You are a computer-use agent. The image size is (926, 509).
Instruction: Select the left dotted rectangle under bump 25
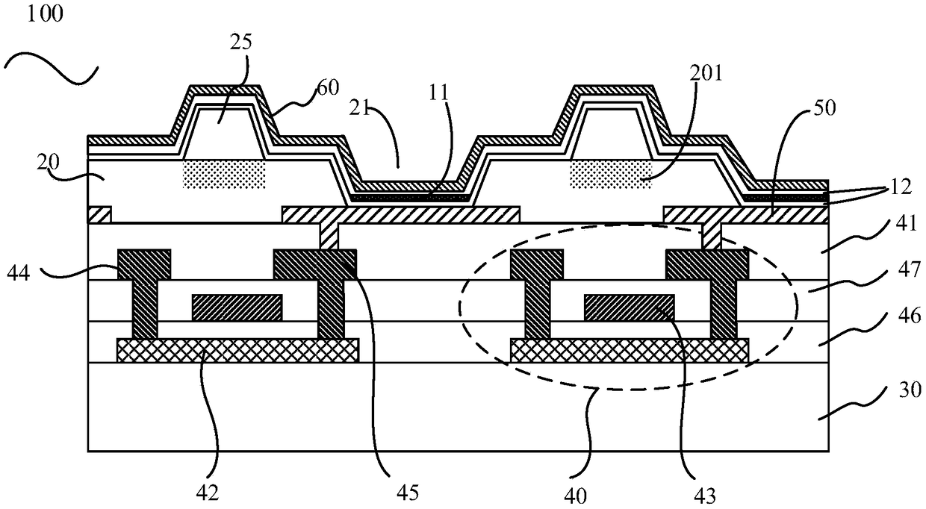[224, 174]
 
